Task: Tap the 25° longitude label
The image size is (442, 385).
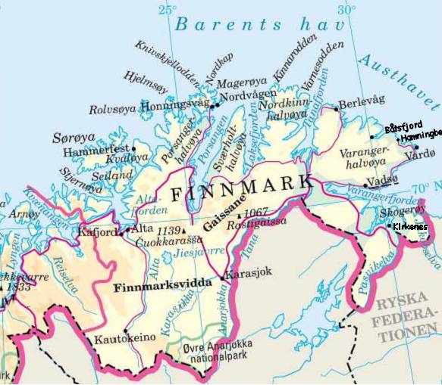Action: [167, 10]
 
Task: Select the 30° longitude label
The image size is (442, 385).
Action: [346, 10]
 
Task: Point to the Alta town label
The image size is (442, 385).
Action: [143, 228]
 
